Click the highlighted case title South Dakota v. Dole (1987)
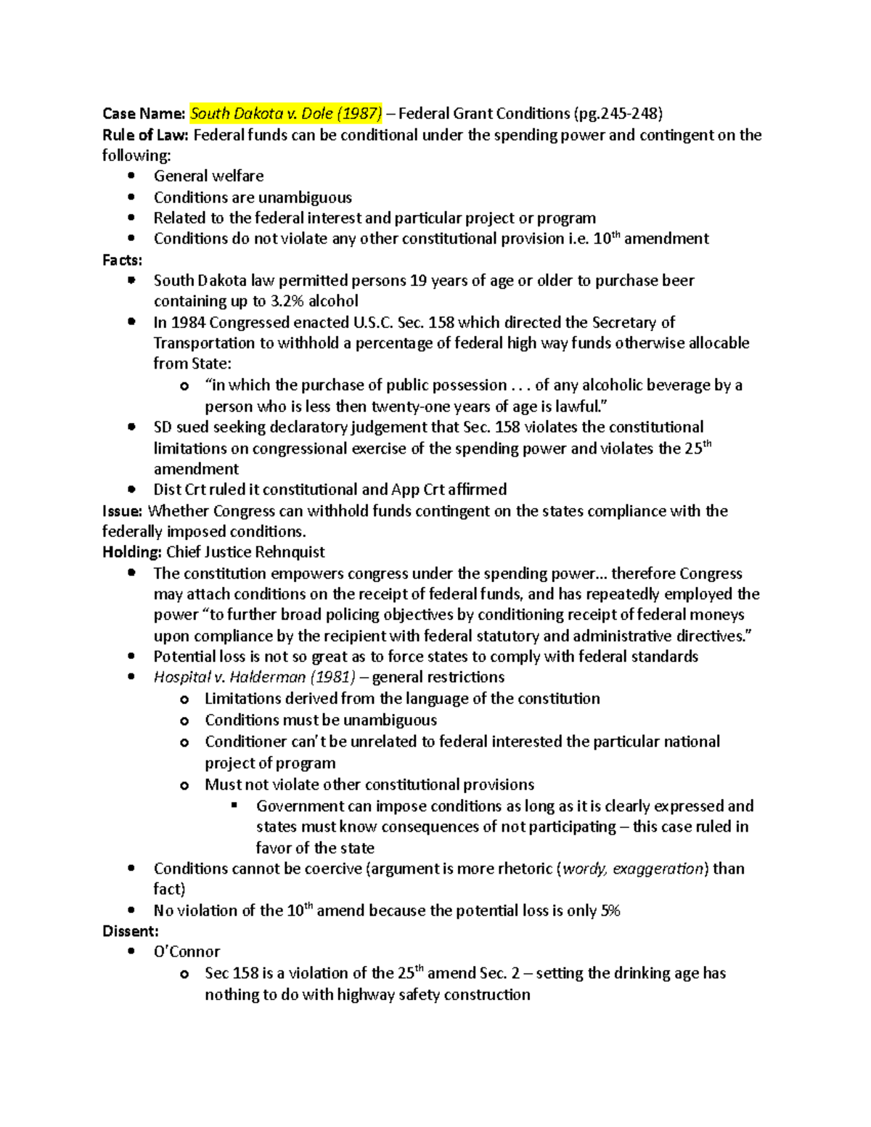(x=286, y=113)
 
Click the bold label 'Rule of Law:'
(x=145, y=134)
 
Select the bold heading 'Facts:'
(x=123, y=260)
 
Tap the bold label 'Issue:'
(x=123, y=511)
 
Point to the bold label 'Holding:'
(x=131, y=552)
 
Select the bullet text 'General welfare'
(x=208, y=176)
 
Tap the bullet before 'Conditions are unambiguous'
(x=131, y=197)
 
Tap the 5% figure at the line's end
(x=610, y=911)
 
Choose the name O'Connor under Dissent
(x=187, y=951)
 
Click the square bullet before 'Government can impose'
(x=234, y=806)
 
